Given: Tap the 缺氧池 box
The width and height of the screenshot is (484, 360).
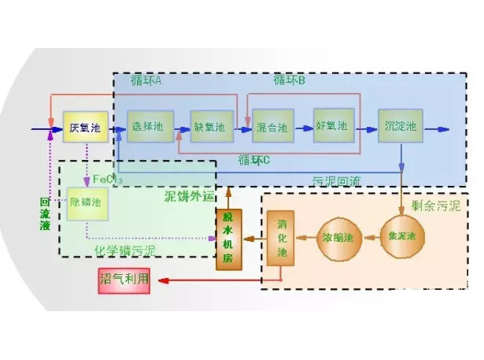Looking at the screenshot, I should coord(209,126).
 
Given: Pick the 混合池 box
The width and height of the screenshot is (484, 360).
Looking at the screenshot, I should coord(273,125).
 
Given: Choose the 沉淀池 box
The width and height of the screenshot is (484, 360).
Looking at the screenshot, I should coord(402,126).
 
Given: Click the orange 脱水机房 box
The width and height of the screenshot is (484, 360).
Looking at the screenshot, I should coord(227,239).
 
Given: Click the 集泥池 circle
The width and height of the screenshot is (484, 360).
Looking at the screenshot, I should coord(401,236).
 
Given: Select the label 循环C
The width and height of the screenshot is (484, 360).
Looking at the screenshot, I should coord(254,160).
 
